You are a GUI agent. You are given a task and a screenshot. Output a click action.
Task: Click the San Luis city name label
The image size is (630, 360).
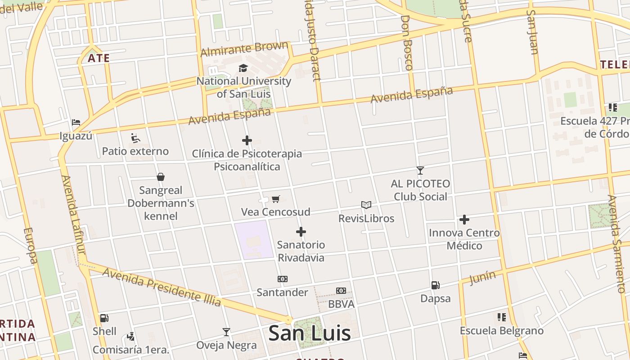[309, 333]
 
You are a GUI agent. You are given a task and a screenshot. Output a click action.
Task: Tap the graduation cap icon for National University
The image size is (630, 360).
[243, 68]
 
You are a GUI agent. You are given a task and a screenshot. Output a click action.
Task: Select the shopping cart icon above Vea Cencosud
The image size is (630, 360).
[276, 199]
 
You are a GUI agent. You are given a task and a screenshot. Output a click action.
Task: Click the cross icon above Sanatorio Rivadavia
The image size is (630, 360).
[301, 232]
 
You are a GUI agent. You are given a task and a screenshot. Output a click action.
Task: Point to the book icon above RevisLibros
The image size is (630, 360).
[366, 205]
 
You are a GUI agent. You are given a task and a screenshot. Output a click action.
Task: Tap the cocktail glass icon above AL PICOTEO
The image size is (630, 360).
[420, 170]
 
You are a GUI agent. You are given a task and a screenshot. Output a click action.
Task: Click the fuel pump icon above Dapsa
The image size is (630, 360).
[435, 285]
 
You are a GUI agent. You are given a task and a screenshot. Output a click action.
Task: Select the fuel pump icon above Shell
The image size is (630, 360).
[104, 318]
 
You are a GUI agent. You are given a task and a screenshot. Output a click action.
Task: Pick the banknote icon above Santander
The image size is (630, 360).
[283, 279]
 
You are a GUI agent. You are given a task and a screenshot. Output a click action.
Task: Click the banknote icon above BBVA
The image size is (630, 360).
[341, 291]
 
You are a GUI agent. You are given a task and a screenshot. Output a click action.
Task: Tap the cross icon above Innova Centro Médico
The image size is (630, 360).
[464, 220]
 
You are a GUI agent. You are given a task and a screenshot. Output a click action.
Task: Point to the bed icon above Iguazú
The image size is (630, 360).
[76, 122]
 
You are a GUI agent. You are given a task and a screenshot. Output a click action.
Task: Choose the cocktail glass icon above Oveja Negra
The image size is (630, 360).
[226, 332]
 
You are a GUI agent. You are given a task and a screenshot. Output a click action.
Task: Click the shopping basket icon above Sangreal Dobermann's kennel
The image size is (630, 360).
[161, 177]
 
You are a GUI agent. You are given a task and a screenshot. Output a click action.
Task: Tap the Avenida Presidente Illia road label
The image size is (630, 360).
[162, 287]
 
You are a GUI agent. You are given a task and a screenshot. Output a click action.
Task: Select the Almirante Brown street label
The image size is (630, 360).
[244, 49]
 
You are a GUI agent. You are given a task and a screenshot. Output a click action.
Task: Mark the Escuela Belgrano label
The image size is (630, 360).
[501, 331]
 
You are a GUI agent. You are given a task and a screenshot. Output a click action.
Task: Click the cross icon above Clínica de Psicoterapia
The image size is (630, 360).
[247, 140]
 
